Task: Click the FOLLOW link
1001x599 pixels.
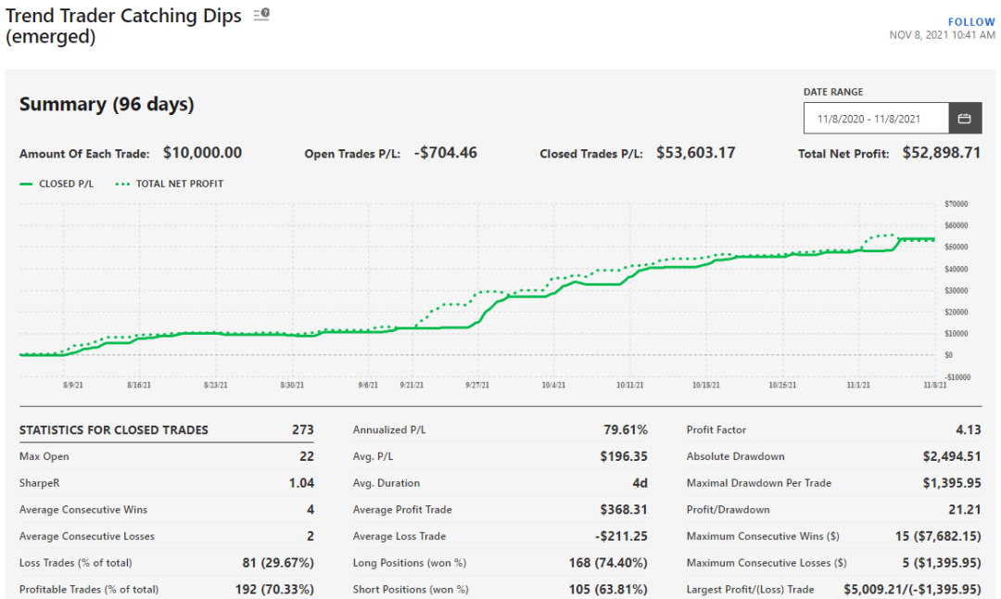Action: point(971,21)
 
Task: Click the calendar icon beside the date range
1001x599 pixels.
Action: point(964,119)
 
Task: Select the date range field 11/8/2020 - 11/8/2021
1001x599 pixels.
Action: point(876,119)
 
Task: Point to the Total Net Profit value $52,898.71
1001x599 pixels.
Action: point(941,153)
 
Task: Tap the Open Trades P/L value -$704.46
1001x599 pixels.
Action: point(445,153)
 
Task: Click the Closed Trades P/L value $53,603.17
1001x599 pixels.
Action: point(695,153)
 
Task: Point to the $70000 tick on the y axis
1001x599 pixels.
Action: point(956,203)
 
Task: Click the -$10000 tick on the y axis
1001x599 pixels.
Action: point(955,376)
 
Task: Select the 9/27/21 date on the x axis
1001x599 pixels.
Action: point(477,385)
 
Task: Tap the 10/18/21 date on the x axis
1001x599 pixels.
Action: point(706,385)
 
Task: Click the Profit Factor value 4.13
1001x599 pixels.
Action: point(966,430)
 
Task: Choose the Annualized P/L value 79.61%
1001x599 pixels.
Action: point(626,430)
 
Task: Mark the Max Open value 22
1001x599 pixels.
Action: point(306,457)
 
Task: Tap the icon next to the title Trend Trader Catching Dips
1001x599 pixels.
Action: point(261,15)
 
